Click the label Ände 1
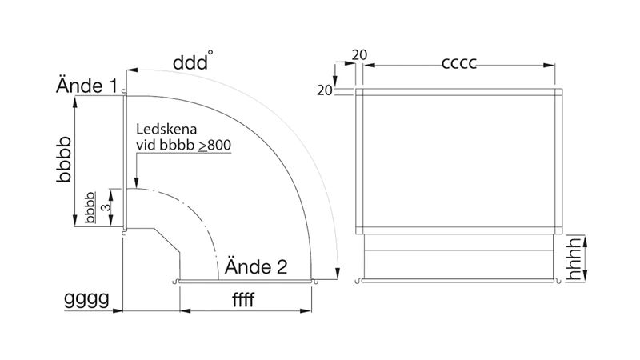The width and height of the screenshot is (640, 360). click(86, 86)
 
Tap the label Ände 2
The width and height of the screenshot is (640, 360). click(256, 266)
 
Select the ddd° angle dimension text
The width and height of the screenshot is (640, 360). click(193, 62)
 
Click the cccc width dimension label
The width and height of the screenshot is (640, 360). click(459, 63)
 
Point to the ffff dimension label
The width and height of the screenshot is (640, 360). click(243, 300)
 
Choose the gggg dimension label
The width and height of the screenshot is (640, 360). click(86, 299)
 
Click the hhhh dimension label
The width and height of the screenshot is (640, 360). click(574, 259)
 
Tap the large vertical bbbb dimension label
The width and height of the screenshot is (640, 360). click(64, 159)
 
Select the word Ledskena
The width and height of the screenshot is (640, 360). click(166, 129)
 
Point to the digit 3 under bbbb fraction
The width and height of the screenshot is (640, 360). click(106, 207)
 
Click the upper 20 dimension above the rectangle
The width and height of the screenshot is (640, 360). click(359, 54)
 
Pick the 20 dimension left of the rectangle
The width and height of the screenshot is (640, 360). click(325, 90)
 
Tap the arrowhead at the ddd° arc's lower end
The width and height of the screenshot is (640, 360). click(337, 274)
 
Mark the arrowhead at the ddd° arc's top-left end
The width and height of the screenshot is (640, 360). click(132, 70)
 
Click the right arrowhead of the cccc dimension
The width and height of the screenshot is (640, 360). click(550, 66)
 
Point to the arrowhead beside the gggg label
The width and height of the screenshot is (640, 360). click(118, 310)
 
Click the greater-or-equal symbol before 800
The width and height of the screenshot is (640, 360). click(203, 146)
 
